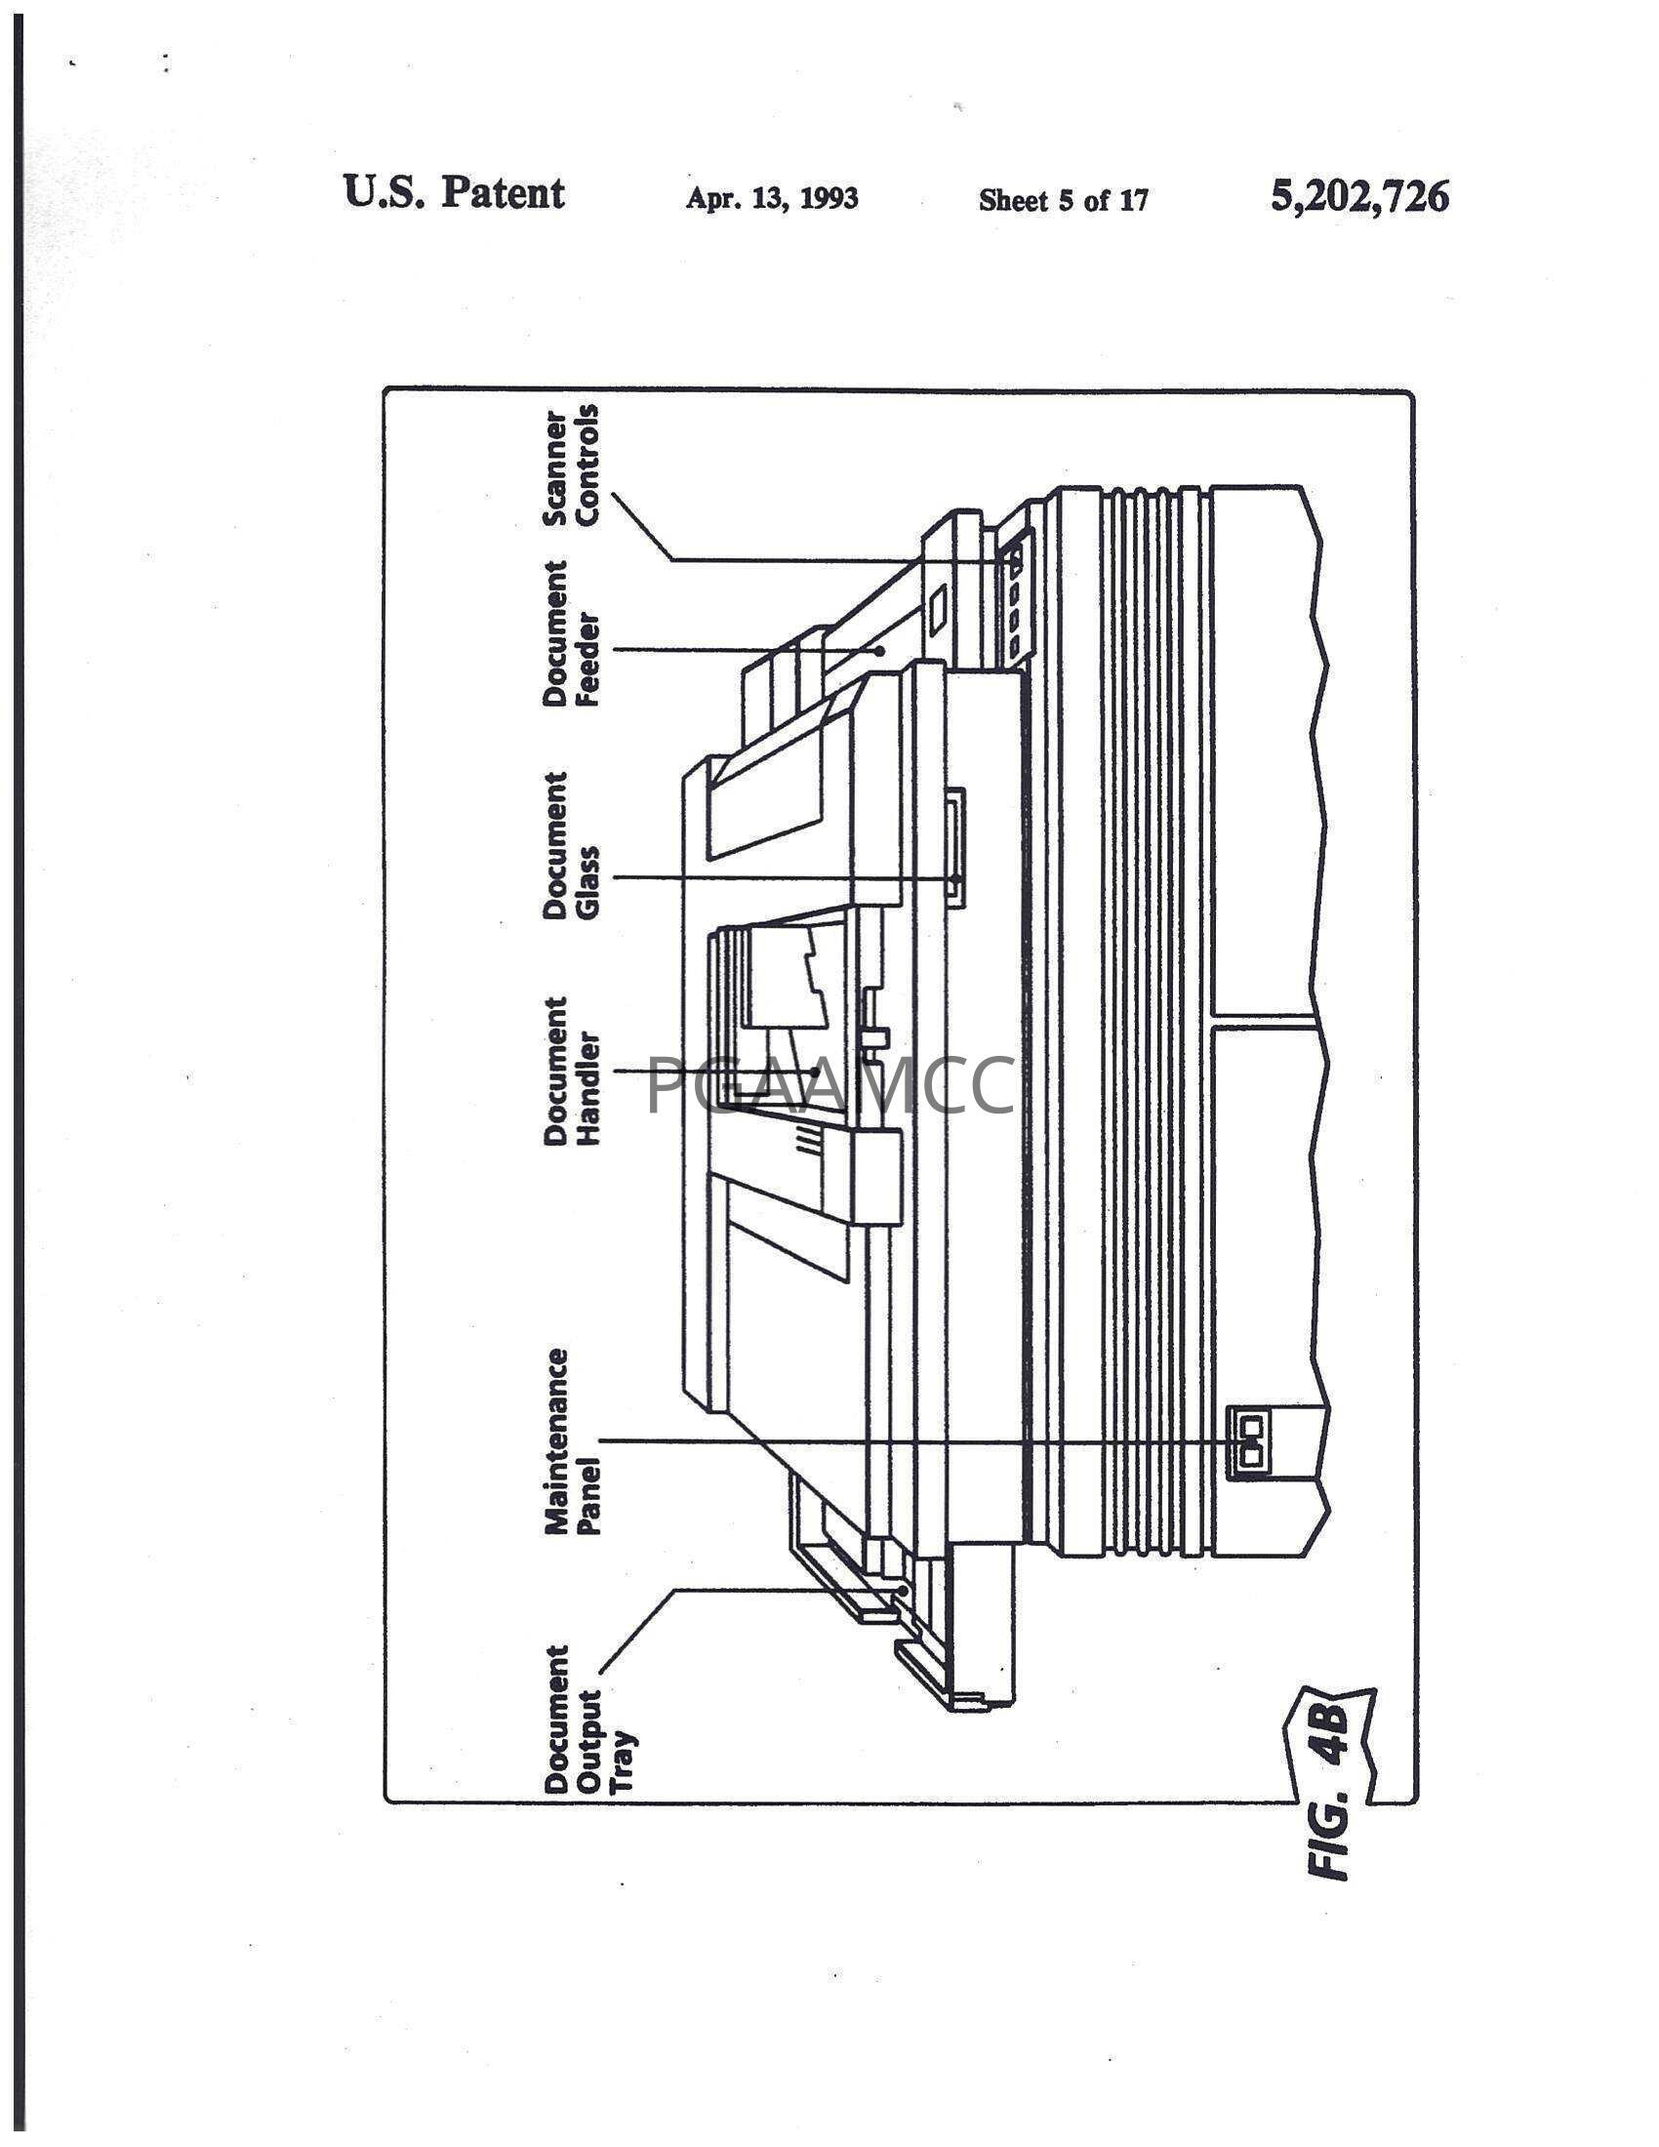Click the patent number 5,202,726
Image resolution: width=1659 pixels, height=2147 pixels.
1359,196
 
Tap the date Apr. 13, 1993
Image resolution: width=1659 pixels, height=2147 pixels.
772,198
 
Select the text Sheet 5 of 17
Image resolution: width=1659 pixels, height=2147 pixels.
1064,200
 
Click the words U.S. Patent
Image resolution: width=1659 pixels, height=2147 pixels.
454,191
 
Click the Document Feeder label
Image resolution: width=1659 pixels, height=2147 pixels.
571,634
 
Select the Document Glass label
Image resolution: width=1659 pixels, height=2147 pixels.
571,845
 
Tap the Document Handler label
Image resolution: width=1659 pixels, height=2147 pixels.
571,1071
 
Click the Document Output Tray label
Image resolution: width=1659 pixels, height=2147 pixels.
587,1719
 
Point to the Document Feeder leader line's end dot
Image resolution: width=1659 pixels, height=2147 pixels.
881,649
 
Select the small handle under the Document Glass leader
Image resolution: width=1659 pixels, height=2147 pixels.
955,843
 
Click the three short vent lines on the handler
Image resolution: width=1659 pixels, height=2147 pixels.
806,1140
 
